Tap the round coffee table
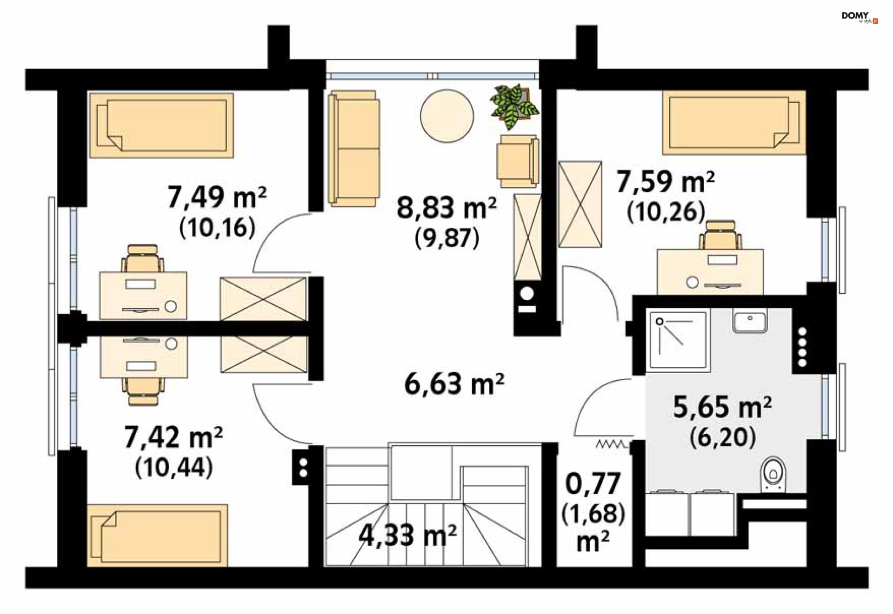pos(447,116)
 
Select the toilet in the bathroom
pos(773,474)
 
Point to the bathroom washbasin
pos(750,321)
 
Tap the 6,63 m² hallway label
pos(454,384)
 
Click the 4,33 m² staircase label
pos(407,535)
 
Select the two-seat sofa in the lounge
pos(354,148)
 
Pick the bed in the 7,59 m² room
pos(734,122)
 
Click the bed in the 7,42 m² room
pos(158,535)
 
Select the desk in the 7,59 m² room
pos(710,271)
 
